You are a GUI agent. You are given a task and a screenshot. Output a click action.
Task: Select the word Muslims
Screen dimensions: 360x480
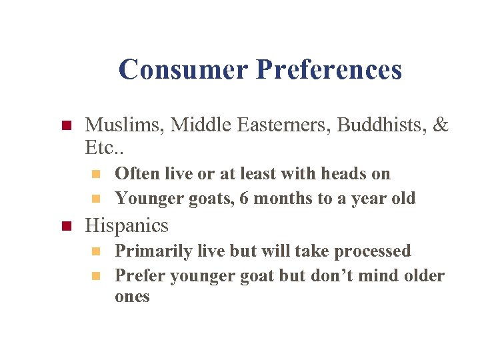coord(125,125)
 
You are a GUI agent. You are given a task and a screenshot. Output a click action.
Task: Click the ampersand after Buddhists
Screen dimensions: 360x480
coord(441,125)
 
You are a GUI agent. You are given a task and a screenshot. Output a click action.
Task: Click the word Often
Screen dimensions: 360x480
coord(133,173)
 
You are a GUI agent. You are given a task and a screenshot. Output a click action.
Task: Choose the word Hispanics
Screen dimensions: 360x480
coord(127,225)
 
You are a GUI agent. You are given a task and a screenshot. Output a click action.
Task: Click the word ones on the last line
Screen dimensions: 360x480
coord(132,297)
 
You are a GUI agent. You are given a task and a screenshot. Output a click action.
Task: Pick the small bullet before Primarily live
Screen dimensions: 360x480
coord(96,252)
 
